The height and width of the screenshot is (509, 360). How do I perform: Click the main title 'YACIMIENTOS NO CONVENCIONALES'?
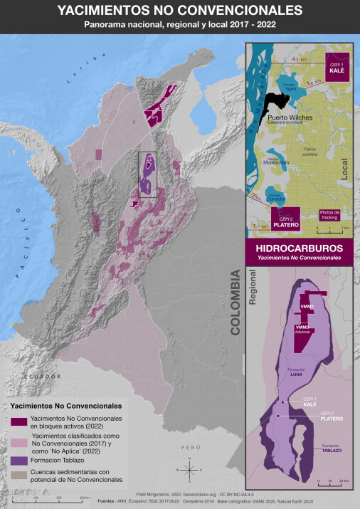[179, 11]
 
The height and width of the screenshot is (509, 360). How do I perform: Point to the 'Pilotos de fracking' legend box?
[330, 214]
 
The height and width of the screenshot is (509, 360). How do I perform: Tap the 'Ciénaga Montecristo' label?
[278, 160]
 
